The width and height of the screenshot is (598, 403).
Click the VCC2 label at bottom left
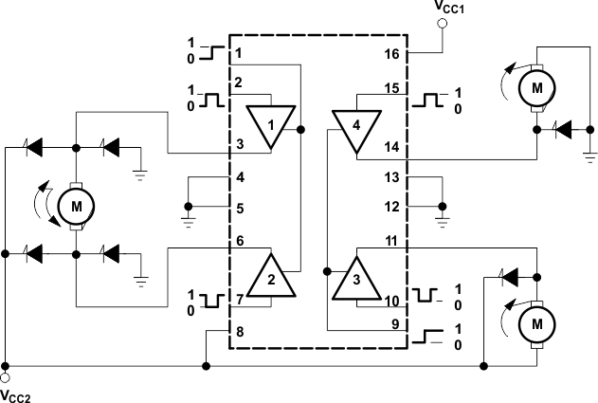(16, 394)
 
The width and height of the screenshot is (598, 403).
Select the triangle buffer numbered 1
(269, 126)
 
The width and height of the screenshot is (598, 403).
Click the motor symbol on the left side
(73, 203)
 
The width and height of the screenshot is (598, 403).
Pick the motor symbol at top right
(537, 87)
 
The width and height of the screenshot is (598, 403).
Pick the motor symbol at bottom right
(537, 322)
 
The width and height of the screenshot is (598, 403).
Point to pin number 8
(240, 332)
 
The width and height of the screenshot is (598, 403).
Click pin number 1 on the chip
(240, 53)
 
